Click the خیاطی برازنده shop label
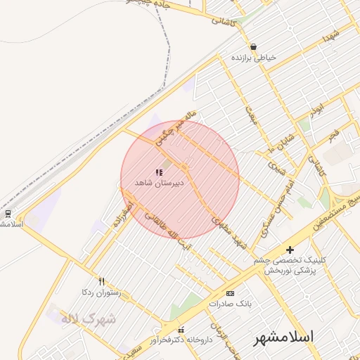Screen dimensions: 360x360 pos(255,58)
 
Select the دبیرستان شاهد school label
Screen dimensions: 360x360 pos(160,183)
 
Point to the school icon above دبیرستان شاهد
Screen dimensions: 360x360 pos(159,172)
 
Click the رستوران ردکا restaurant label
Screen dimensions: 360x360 pos(103,291)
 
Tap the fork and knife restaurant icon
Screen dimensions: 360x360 pos(102,281)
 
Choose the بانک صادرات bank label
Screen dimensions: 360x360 pos(230,304)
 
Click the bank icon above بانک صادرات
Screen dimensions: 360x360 pos(230,292)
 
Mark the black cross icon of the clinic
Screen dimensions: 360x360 pos(290,250)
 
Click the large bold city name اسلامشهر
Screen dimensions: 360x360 pos(284,337)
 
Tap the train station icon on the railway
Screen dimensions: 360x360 pos(8,213)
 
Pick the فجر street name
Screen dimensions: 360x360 pos(333,133)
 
